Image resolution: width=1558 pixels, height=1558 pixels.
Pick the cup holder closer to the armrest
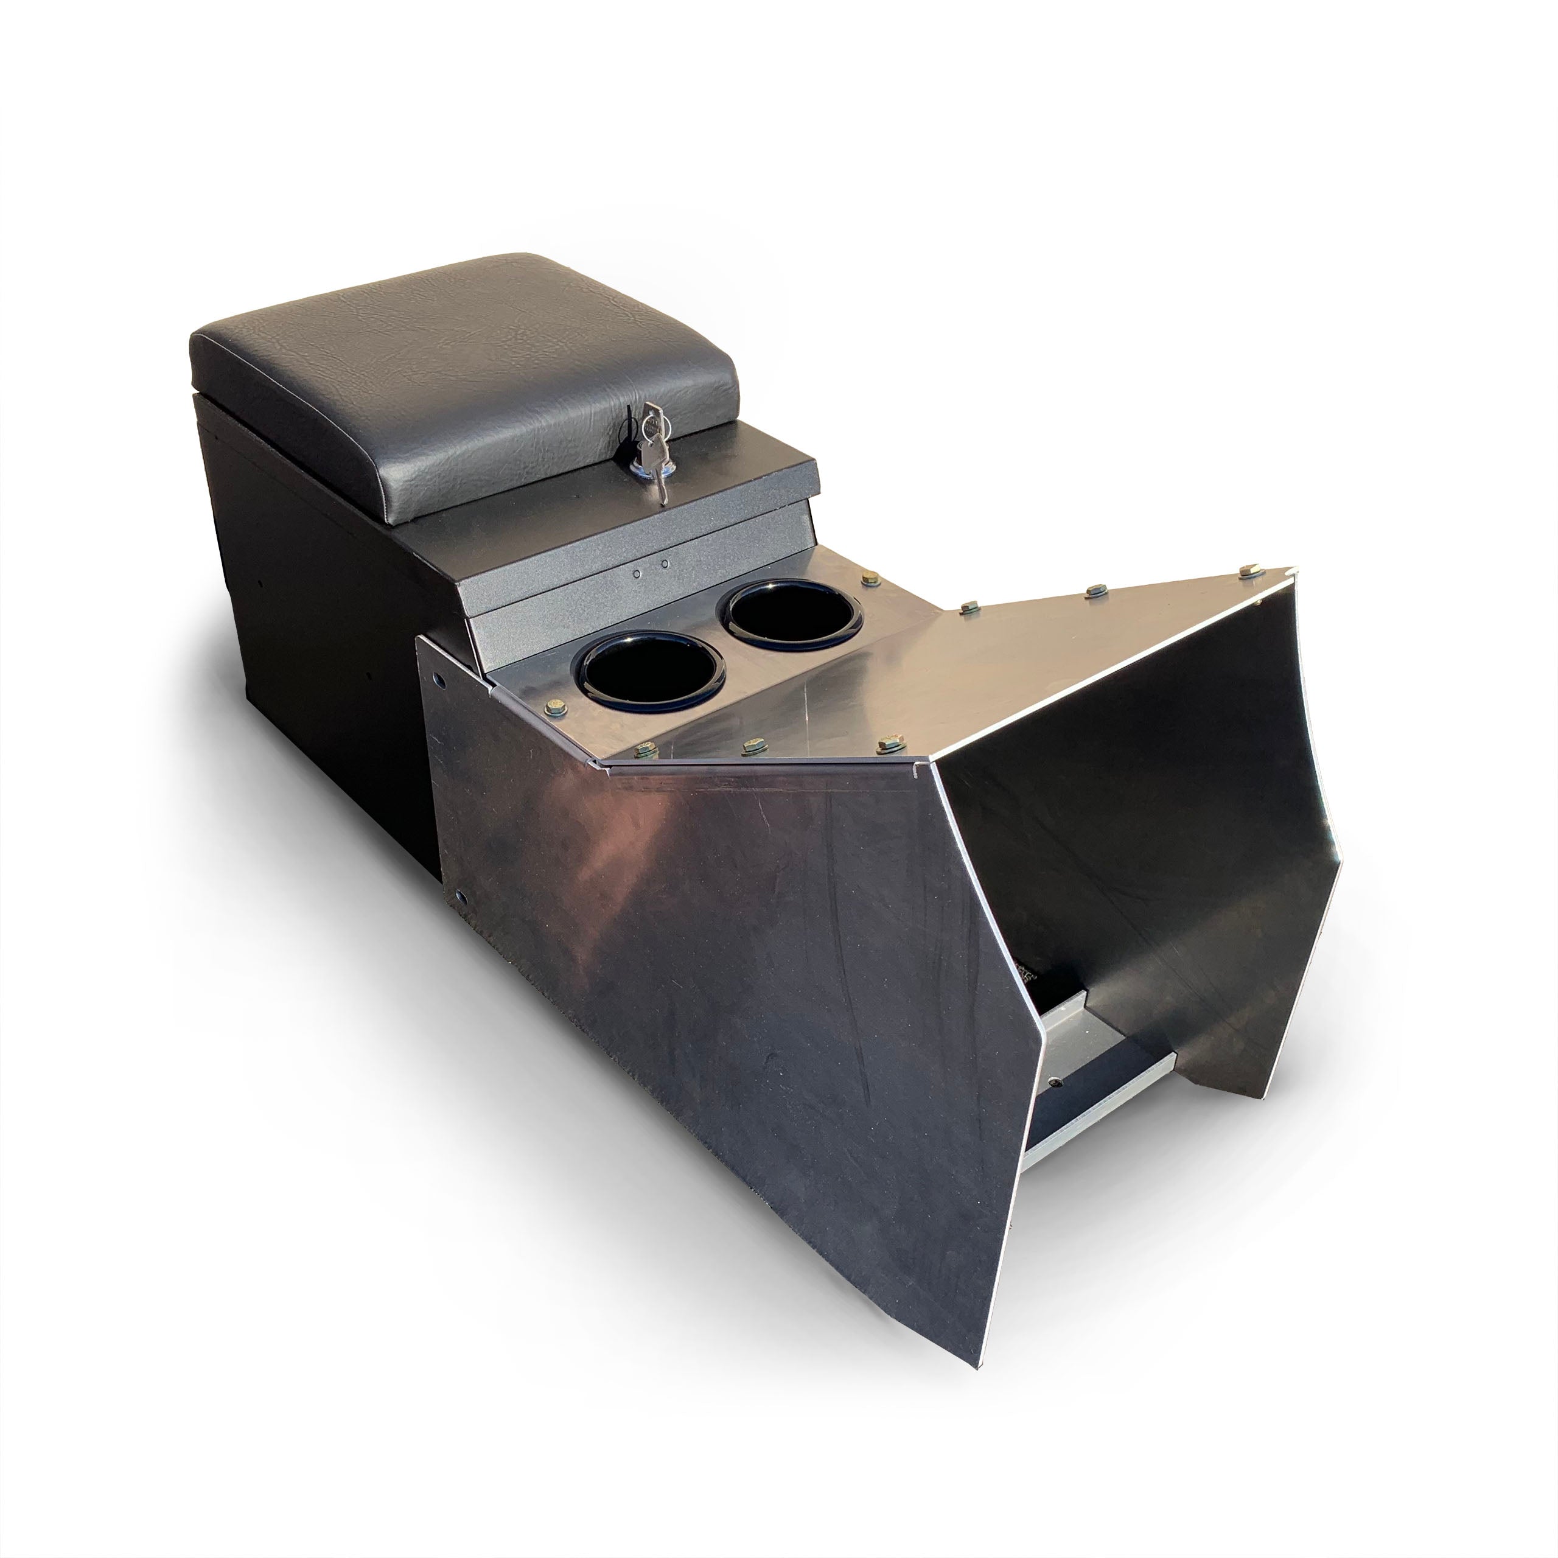click(794, 615)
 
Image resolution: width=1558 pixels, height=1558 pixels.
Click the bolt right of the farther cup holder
click(871, 578)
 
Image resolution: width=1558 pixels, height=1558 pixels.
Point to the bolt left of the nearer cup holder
click(556, 707)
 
